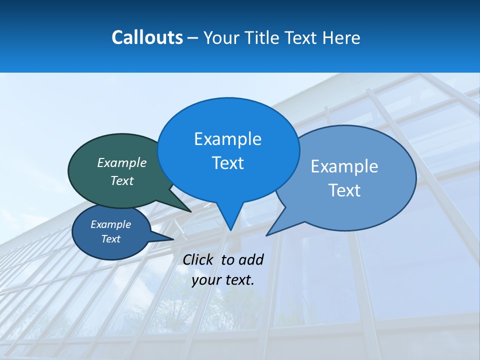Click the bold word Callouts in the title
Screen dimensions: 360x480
(147, 37)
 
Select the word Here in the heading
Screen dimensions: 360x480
(341, 37)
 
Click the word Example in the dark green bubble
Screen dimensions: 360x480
(122, 162)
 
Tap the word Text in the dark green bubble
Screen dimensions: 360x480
(122, 180)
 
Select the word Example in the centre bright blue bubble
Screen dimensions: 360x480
(227, 139)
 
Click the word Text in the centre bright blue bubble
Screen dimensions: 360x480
(227, 163)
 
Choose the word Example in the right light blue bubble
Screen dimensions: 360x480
(344, 166)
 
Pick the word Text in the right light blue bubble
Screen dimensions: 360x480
(344, 190)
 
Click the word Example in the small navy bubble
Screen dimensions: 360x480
(110, 224)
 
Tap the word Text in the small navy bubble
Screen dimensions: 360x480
(110, 239)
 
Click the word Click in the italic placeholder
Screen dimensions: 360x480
(197, 259)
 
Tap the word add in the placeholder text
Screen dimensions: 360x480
(251, 259)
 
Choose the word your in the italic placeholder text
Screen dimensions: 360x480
(206, 280)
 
